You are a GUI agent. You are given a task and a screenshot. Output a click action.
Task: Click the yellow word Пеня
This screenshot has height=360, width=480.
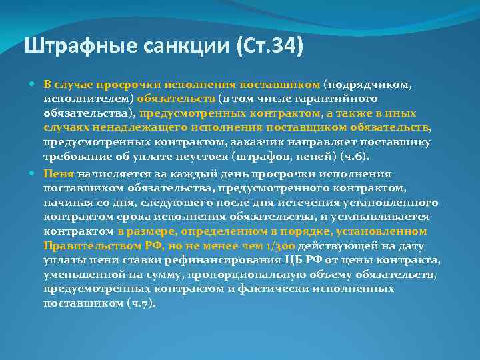tap(58, 172)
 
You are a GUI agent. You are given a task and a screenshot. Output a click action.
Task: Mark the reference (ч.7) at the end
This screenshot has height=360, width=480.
tap(141, 303)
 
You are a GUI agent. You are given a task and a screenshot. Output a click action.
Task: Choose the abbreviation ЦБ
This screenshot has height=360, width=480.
tap(295, 259)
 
